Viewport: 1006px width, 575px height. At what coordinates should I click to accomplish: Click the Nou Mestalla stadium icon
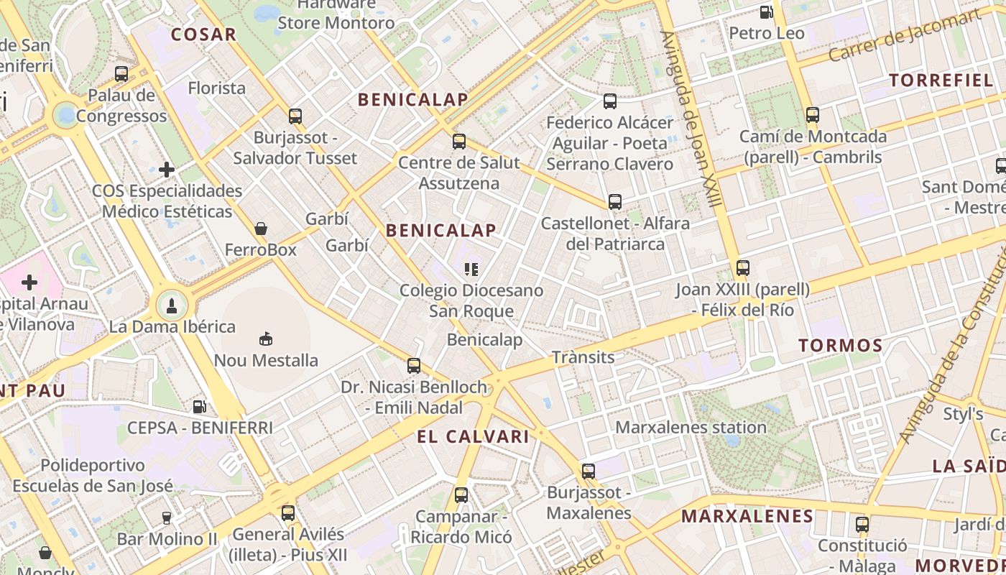point(266,338)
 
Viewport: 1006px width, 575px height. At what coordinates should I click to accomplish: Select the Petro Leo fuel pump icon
point(767,12)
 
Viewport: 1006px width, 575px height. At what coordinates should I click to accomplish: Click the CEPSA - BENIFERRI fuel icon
point(200,407)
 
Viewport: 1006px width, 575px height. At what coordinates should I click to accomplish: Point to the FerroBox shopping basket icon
point(261,229)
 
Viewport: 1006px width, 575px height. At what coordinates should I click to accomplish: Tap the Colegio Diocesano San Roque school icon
point(471,270)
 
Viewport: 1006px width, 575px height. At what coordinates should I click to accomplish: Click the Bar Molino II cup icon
point(167,517)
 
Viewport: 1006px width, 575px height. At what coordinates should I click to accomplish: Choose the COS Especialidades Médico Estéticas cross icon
point(167,170)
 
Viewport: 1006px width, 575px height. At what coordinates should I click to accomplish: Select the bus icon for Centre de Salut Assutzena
point(459,142)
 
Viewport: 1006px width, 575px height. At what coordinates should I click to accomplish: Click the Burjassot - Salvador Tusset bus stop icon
point(295,116)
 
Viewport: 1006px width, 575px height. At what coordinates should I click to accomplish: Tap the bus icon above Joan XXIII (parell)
point(743,268)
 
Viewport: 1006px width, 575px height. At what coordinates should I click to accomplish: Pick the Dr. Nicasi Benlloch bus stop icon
point(414,366)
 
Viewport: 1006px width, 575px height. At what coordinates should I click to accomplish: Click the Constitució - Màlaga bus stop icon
point(862,525)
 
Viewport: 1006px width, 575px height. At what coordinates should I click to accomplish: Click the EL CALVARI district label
point(473,436)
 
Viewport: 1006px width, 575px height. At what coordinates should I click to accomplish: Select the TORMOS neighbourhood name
point(841,346)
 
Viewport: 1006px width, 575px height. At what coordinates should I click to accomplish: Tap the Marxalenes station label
point(691,428)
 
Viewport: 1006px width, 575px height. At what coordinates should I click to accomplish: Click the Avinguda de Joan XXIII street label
point(691,119)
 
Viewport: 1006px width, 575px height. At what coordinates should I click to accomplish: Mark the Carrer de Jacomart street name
point(903,35)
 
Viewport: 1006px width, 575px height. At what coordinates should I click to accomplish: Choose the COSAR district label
point(203,34)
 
